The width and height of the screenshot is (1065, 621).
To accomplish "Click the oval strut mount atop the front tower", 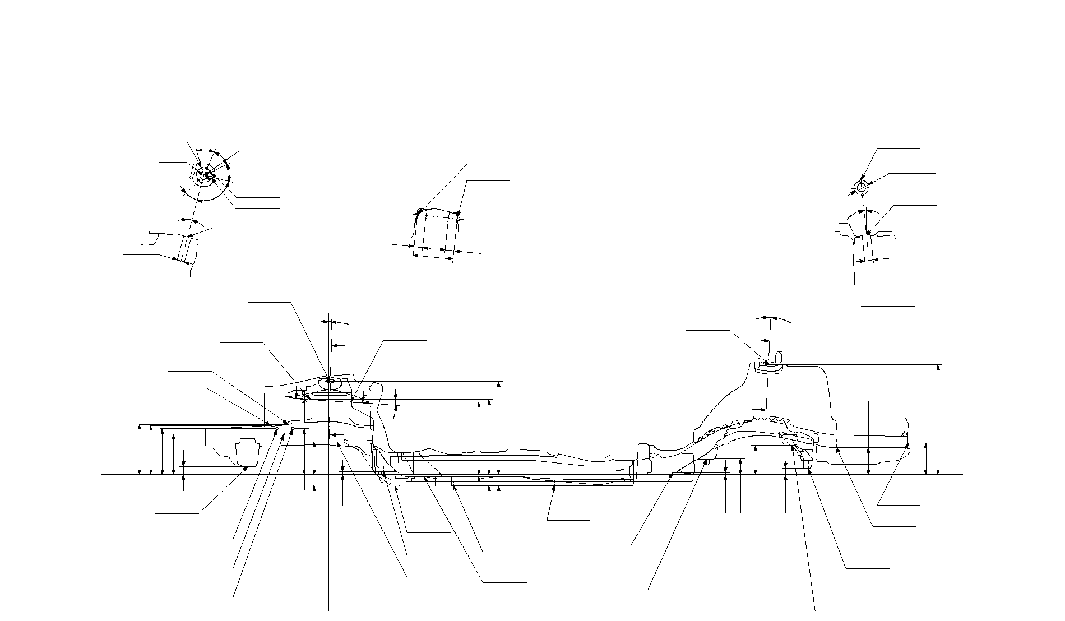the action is point(328,382).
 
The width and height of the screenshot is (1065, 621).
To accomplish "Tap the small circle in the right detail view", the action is point(862,185).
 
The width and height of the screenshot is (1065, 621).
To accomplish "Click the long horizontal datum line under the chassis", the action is point(532,475).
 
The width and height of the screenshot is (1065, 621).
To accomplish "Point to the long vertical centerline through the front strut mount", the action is point(328,532).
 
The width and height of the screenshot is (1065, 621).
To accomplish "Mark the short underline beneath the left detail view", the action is point(156,292).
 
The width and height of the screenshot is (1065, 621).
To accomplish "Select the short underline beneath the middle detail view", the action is point(423,293).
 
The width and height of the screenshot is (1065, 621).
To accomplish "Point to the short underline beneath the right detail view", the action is point(887,306).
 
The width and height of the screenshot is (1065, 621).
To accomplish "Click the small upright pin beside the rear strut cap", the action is point(779,357).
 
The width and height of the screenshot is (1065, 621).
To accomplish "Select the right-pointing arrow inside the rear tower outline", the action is point(759,410).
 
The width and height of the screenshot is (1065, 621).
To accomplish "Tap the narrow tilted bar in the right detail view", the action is point(866,248).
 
